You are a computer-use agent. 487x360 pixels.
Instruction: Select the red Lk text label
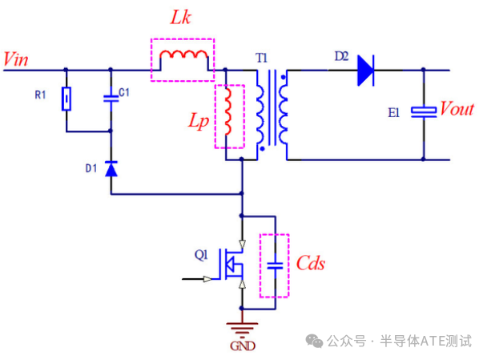coord(183,18)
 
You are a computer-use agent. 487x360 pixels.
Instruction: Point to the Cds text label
coord(311,264)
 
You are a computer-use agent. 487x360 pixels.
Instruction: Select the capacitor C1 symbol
coord(111,99)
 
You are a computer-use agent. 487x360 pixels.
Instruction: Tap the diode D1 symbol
coord(111,169)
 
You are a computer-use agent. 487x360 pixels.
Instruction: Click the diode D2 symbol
coord(366,70)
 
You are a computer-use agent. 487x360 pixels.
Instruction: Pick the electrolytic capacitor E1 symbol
coord(423,112)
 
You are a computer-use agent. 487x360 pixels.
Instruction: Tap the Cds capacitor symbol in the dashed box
coord(275,265)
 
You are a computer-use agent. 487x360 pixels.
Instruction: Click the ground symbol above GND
coord(242,328)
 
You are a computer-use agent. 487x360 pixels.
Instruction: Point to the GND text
coord(242,346)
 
